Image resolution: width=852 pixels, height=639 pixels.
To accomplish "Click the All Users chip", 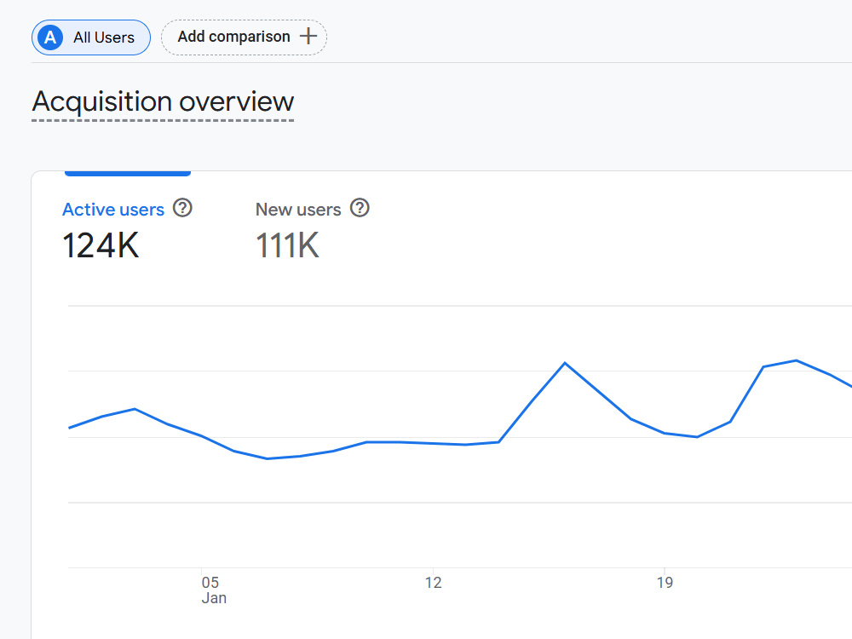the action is (x=91, y=37).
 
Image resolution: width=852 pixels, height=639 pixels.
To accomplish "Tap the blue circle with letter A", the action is (x=50, y=37).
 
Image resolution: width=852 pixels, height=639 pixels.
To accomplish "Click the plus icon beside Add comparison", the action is (x=308, y=37).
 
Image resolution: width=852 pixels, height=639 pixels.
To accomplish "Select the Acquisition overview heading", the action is (x=163, y=101).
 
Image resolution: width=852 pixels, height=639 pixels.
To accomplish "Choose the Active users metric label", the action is (x=113, y=210).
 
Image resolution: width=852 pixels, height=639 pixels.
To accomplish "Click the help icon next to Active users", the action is (x=182, y=208).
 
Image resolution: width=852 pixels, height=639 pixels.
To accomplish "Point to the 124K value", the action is (x=101, y=245).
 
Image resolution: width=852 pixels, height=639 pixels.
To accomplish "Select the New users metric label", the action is (x=298, y=210).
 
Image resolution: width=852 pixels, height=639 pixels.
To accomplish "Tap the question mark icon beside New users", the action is (x=360, y=208).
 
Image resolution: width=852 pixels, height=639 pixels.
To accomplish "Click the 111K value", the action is (x=287, y=245).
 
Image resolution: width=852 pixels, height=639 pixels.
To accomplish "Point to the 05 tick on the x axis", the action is (x=210, y=583).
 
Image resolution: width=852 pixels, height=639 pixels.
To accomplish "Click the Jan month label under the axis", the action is (x=214, y=598).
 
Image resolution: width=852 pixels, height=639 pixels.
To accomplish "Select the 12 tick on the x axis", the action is (x=433, y=583).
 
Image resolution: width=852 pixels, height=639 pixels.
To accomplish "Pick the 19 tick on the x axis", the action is (x=665, y=583).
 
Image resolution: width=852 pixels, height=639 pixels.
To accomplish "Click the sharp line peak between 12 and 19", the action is (x=565, y=363).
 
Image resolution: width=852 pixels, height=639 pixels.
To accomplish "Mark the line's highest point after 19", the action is (x=796, y=360).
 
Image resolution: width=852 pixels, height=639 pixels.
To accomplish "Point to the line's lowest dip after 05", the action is (x=268, y=458).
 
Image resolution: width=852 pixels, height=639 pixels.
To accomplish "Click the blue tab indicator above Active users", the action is (x=128, y=173).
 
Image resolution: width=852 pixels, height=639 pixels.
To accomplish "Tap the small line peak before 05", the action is (x=135, y=409).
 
